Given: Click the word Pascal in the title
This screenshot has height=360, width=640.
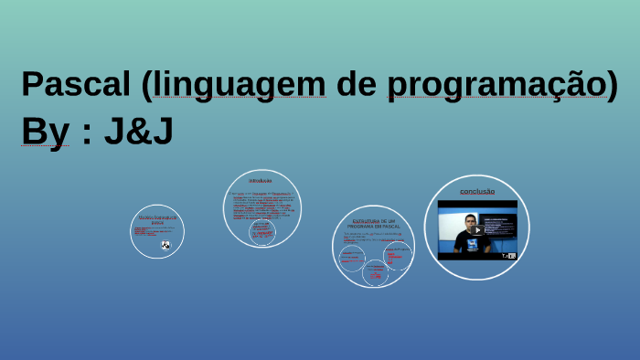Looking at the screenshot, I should pyautogui.click(x=76, y=85).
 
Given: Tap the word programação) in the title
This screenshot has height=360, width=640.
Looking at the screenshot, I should pyautogui.click(x=503, y=85).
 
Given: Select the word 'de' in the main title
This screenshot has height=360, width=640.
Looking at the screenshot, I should pyautogui.click(x=356, y=85).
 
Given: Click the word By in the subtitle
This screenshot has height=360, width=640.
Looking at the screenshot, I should pyautogui.click(x=45, y=132).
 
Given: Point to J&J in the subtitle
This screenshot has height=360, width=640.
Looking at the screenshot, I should pyautogui.click(x=138, y=132).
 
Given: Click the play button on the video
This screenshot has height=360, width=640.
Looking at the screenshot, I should pyautogui.click(x=476, y=229).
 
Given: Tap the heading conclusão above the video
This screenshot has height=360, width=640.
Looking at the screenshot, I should pyautogui.click(x=476, y=191).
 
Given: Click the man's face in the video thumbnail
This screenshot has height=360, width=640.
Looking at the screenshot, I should pyautogui.click(x=471, y=222).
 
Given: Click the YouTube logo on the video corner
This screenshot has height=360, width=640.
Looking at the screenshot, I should pyautogui.click(x=508, y=256).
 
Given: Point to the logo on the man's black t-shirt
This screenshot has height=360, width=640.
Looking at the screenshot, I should pyautogui.click(x=472, y=243).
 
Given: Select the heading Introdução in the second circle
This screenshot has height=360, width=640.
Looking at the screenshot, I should pyautogui.click(x=261, y=181).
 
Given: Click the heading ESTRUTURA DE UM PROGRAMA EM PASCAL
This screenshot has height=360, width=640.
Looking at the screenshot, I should pyautogui.click(x=373, y=223).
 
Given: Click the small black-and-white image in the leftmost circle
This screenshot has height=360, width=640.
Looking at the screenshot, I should pyautogui.click(x=165, y=245).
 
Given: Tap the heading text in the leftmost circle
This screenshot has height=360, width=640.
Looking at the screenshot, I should pyautogui.click(x=157, y=219).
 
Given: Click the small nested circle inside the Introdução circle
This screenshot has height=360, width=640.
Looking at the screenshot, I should pyautogui.click(x=262, y=231).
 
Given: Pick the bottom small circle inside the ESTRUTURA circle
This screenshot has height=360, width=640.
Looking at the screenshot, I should pyautogui.click(x=375, y=272).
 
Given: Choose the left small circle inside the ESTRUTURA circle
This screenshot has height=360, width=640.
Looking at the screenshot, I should pyautogui.click(x=352, y=257).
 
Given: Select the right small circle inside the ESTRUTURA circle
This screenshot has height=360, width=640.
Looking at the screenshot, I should pyautogui.click(x=397, y=254).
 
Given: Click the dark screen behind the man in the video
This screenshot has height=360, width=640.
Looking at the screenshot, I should pyautogui.click(x=499, y=225).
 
